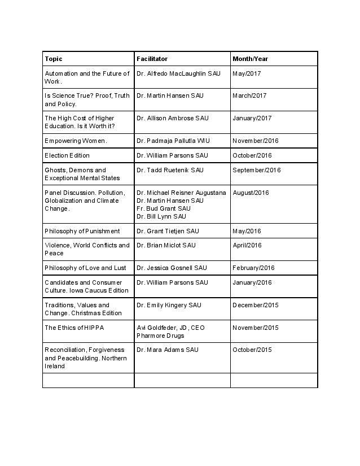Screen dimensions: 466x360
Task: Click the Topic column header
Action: point(54,59)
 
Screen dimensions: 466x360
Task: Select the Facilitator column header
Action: point(152,59)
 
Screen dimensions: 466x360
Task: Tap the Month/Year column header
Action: point(250,59)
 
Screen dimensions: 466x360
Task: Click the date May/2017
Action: point(247,73)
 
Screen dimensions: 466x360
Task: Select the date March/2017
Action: point(249,95)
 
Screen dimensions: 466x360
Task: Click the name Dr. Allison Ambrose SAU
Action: point(172,118)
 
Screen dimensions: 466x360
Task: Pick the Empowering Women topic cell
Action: point(76,141)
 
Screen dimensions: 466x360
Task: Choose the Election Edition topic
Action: point(67,155)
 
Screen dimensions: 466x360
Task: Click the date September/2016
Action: point(256,170)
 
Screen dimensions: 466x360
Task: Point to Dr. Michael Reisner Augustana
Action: point(181,193)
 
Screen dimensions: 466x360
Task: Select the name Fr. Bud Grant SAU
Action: point(161,208)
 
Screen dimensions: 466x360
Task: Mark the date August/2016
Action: point(252,193)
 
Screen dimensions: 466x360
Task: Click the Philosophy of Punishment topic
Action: point(82,231)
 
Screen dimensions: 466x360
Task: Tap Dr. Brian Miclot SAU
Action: point(166,245)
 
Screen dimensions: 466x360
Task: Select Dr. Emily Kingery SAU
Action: point(168,305)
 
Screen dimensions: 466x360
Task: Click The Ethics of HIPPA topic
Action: point(74,328)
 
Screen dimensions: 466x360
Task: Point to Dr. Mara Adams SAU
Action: point(168,350)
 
